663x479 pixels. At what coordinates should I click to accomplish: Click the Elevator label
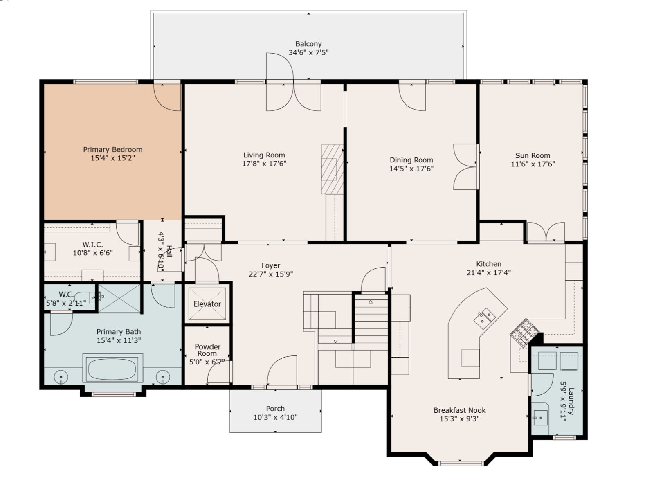point(207,304)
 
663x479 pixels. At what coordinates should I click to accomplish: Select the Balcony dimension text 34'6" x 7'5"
point(308,53)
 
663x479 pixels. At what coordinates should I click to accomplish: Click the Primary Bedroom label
point(113,149)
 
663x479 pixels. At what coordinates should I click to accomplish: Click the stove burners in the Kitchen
point(524,332)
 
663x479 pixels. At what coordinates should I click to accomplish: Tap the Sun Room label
point(533,156)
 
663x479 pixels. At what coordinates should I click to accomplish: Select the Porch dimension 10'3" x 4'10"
point(275,417)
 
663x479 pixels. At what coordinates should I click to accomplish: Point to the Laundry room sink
point(540,418)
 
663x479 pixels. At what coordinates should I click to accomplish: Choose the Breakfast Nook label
point(459,410)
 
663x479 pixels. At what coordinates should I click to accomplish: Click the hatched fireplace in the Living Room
point(333,169)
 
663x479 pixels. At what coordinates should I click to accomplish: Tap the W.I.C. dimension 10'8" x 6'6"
point(93,253)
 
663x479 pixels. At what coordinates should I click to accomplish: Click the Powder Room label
point(207,350)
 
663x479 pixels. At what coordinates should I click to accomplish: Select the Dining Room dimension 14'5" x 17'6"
point(411,169)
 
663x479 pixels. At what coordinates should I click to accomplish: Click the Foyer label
point(271,265)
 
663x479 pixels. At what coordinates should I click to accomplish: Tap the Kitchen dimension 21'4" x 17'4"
point(489,273)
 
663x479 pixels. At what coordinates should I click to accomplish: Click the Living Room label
point(264,155)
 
